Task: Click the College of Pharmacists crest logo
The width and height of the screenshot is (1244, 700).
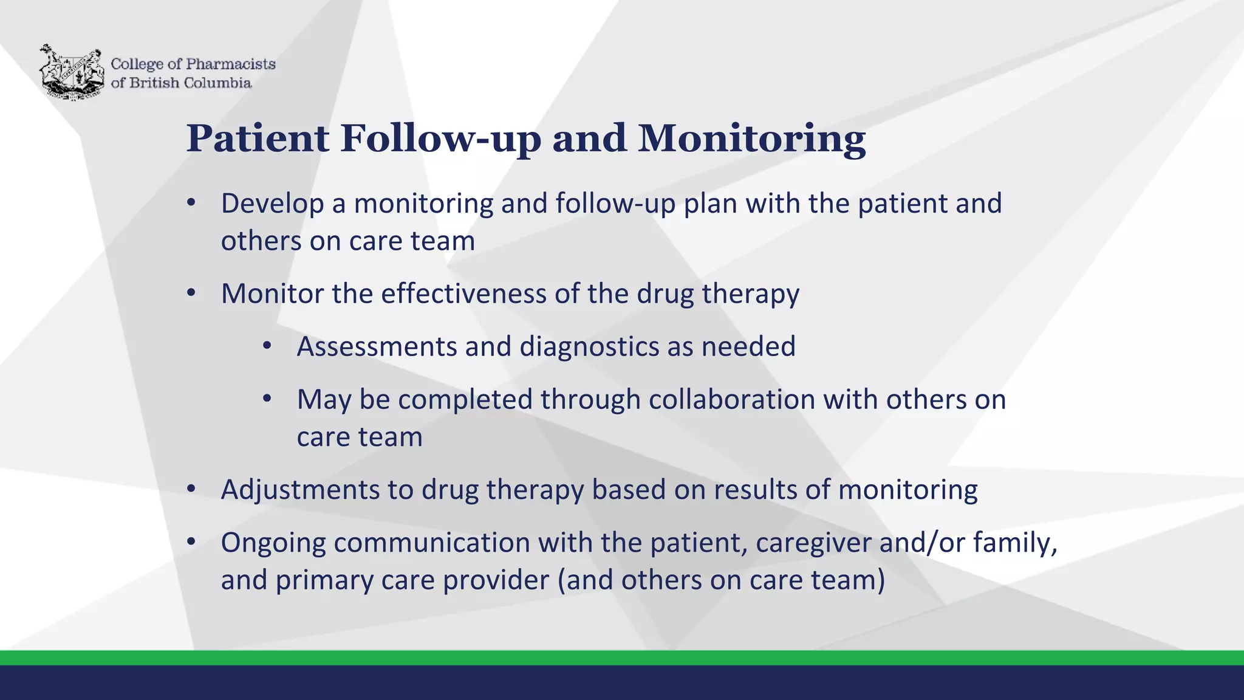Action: pyautogui.click(x=71, y=72)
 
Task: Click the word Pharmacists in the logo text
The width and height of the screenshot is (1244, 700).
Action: pyautogui.click(x=230, y=64)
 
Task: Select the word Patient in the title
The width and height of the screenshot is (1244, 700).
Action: pyautogui.click(x=258, y=139)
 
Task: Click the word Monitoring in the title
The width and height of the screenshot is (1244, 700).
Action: pyautogui.click(x=751, y=139)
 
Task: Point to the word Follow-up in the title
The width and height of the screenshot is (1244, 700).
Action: pyautogui.click(x=440, y=139)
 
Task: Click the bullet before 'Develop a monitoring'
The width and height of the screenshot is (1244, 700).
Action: pyautogui.click(x=191, y=203)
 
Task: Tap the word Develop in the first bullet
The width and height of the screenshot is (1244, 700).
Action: pyautogui.click(x=272, y=204)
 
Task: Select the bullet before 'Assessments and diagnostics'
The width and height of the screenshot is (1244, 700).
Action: pyautogui.click(x=267, y=346)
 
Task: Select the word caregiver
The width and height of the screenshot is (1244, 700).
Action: pyautogui.click(x=814, y=543)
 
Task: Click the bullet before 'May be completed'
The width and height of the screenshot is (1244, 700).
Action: pyautogui.click(x=267, y=399)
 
